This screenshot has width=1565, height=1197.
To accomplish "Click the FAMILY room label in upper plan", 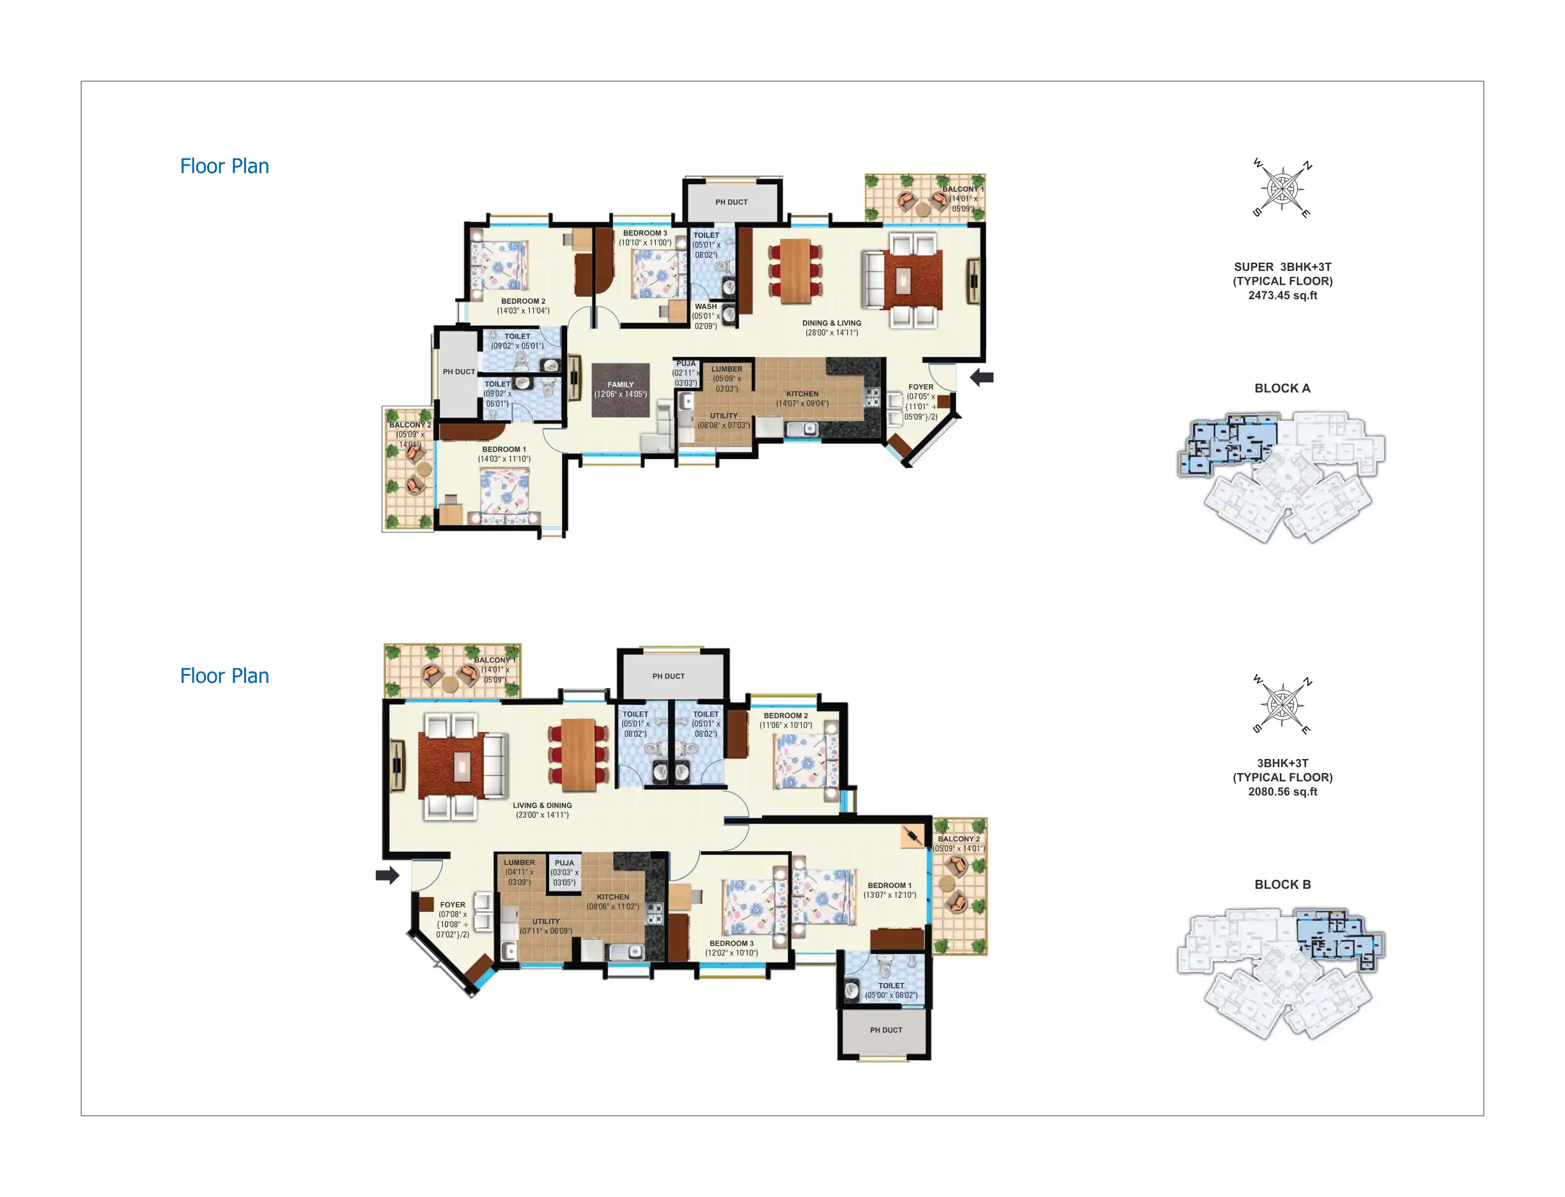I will click(619, 384).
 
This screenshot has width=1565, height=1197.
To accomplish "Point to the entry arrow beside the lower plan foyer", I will click(387, 875).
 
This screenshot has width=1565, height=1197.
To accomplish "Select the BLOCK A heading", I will click(1282, 388).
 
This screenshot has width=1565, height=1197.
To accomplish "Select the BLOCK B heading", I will click(1282, 884).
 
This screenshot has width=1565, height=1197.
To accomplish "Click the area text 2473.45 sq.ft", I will click(1282, 295).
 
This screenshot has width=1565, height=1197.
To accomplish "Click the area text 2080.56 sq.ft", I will click(1282, 792).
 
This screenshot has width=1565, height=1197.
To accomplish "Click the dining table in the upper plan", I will click(795, 270).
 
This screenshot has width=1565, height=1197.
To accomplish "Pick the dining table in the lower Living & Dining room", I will click(578, 755).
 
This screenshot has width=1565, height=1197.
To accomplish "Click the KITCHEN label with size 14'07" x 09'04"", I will click(802, 393).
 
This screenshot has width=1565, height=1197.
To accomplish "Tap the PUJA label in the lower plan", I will click(563, 862).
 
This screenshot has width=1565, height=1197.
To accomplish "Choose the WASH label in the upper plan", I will click(705, 306).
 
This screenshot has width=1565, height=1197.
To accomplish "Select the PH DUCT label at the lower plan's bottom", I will click(885, 1029).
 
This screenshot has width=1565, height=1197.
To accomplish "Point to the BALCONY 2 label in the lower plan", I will click(960, 839).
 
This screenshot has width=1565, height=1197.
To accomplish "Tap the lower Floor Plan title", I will click(224, 675).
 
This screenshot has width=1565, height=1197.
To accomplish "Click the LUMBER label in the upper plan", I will click(727, 369).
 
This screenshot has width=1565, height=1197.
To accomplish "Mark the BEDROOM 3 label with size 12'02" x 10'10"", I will click(731, 943).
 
